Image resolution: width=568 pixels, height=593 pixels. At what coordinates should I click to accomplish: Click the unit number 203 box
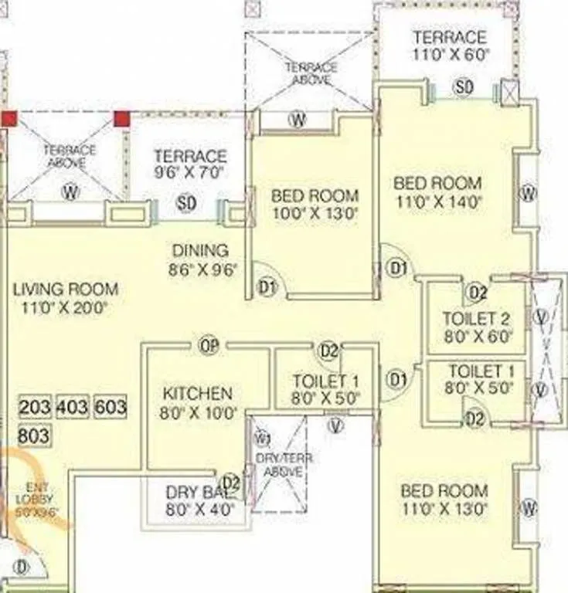point(35,408)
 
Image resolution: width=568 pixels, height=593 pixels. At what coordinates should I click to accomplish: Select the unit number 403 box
point(73,408)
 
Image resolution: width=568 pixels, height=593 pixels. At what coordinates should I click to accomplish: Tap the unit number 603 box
point(111,408)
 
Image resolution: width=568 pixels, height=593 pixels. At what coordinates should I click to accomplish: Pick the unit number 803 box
point(35,435)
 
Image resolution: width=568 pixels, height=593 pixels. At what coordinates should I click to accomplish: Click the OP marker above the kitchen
point(209,345)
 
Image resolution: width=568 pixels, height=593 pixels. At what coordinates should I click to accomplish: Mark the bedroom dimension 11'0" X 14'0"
point(437,203)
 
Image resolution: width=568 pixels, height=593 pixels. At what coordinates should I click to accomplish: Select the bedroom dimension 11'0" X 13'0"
point(444,510)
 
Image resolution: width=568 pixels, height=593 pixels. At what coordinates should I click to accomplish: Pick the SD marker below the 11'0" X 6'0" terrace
point(463,88)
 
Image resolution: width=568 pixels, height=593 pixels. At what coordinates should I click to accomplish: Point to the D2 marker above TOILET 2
point(477,293)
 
